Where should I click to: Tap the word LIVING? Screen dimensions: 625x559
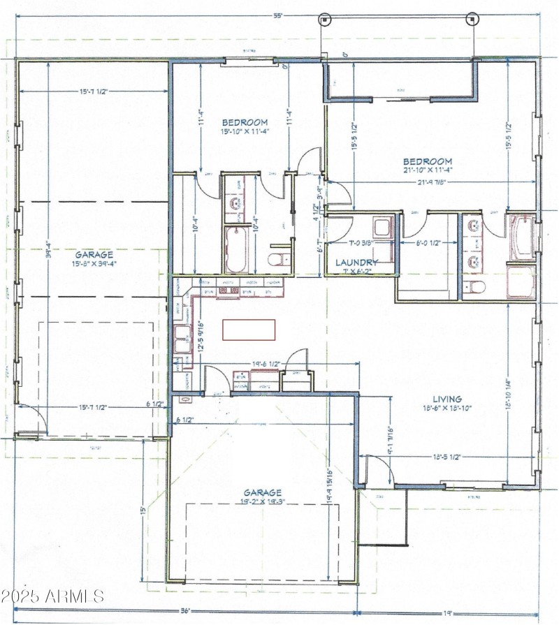[x=447, y=399]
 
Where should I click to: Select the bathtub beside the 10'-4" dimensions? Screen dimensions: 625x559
[x=234, y=249]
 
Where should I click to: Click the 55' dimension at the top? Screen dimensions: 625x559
[x=279, y=15]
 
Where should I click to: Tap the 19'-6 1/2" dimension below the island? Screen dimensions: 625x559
[x=266, y=364]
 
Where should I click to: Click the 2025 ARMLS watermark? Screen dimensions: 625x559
[x=52, y=597]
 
